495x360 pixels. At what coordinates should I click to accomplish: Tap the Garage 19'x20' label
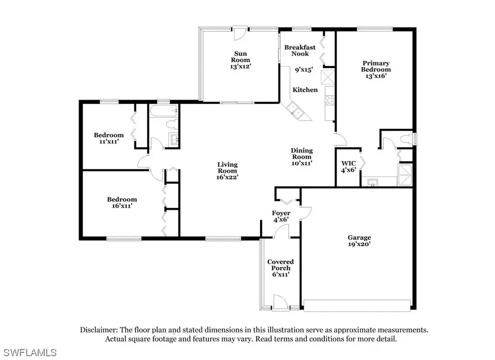click(x=359, y=241)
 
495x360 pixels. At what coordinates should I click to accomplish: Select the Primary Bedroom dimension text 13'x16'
click(x=376, y=76)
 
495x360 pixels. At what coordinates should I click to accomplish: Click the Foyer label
click(x=281, y=213)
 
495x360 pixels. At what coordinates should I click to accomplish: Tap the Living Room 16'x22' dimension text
click(x=227, y=177)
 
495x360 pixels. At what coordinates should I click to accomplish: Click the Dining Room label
click(x=302, y=153)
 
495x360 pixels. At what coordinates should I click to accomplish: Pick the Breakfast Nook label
click(x=300, y=51)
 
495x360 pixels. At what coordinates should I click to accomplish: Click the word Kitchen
click(x=305, y=90)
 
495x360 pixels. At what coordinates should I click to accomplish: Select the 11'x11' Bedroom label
click(x=109, y=138)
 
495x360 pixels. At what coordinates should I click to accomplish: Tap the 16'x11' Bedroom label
click(x=122, y=203)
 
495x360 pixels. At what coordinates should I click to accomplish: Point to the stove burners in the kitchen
click(x=330, y=101)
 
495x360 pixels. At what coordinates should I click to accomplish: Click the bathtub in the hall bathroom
click(x=163, y=111)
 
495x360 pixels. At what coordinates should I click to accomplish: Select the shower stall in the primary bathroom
click(x=405, y=175)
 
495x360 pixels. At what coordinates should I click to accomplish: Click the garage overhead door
click(x=357, y=306)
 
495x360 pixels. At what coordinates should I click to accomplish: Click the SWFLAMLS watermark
click(x=30, y=352)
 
